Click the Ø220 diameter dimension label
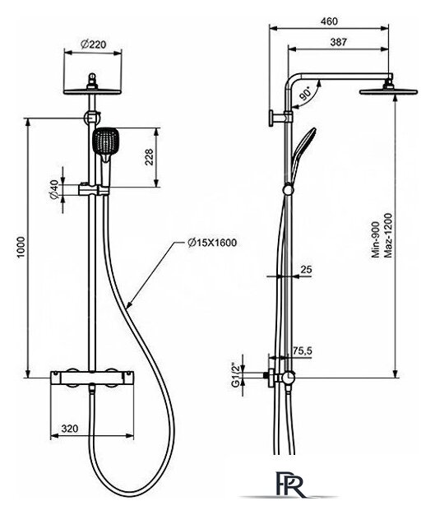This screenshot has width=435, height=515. tap(94, 44)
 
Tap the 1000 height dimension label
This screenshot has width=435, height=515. tap(21, 247)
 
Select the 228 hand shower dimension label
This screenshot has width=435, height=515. tap(149, 157)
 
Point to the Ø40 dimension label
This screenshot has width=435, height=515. tap(54, 189)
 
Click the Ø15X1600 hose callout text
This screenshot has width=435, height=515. tap(212, 243)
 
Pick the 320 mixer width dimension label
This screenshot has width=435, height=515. tap(70, 429)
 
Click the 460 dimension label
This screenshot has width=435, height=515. tap(329, 21)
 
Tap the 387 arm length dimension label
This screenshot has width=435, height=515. tap(338, 42)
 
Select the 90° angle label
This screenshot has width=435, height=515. tap(305, 93)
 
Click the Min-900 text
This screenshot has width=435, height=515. tap(376, 239)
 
